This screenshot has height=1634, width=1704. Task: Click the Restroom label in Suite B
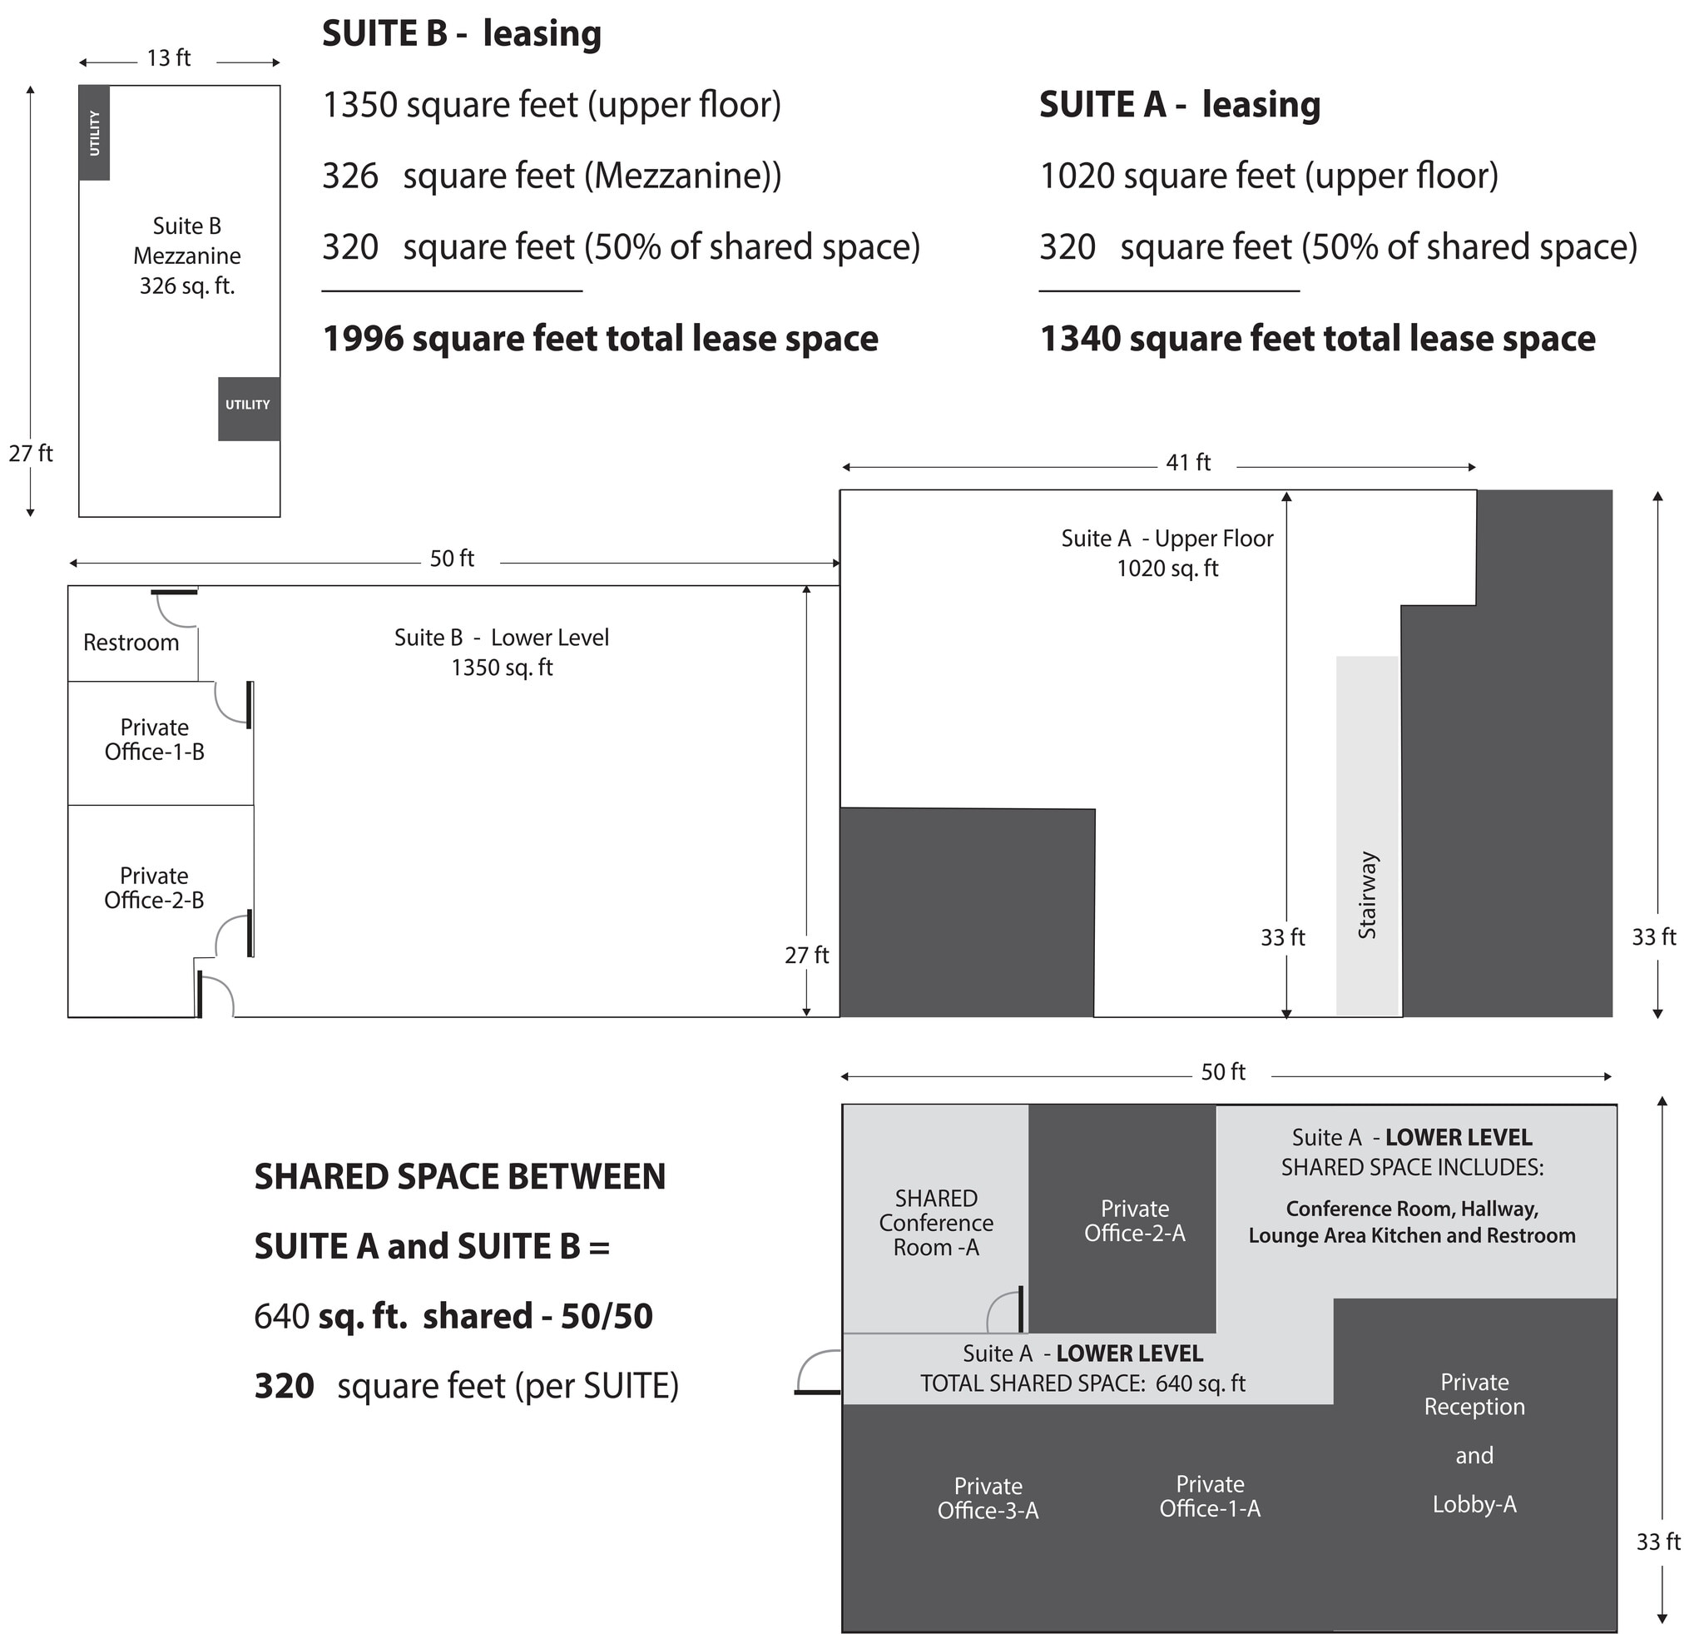[131, 643]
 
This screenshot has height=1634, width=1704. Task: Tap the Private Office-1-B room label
[155, 739]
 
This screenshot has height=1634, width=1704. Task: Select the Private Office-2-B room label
[154, 888]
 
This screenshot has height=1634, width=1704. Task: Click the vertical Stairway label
[1367, 895]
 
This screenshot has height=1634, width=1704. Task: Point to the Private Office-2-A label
[1134, 1221]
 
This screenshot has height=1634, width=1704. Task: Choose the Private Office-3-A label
[988, 1498]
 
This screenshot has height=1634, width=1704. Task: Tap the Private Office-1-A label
[1209, 1497]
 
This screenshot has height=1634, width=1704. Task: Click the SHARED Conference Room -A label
[935, 1223]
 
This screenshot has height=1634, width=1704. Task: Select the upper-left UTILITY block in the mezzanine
[94, 133]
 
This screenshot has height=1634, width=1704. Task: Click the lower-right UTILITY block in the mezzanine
[249, 408]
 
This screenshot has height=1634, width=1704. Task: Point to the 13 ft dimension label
[169, 58]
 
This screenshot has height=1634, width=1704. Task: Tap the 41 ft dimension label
[1187, 463]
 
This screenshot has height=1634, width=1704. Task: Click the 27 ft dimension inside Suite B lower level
[806, 955]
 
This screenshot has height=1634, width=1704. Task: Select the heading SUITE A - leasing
[1179, 104]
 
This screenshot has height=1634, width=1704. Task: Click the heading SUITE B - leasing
[462, 34]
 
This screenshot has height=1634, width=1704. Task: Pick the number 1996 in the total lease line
[363, 339]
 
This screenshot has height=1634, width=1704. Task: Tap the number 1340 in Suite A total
[1080, 339]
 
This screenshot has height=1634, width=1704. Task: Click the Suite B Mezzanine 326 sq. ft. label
[187, 256]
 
